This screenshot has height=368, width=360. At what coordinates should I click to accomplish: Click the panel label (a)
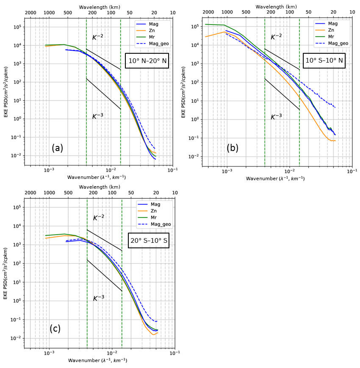(x=57, y=148)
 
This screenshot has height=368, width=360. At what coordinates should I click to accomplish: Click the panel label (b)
(x=233, y=148)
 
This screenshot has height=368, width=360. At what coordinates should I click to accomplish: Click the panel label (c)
(x=55, y=329)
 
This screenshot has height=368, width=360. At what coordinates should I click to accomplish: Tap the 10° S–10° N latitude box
(x=325, y=60)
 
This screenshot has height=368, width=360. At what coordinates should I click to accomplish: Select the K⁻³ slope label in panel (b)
(x=276, y=117)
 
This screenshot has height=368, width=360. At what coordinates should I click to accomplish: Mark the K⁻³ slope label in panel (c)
(x=98, y=298)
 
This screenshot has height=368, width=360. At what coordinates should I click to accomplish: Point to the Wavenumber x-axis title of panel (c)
(x=97, y=360)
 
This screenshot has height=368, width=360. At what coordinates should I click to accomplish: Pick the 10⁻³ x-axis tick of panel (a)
(x=49, y=170)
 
